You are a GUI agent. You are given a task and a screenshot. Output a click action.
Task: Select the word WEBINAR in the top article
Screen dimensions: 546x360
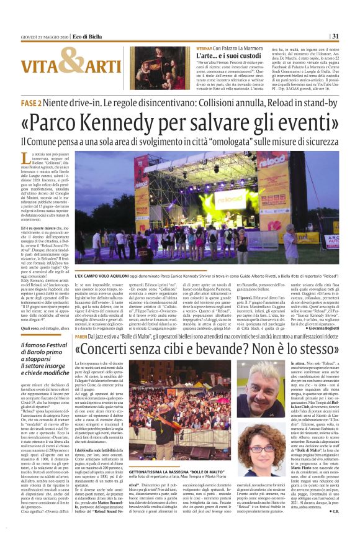(187, 47)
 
